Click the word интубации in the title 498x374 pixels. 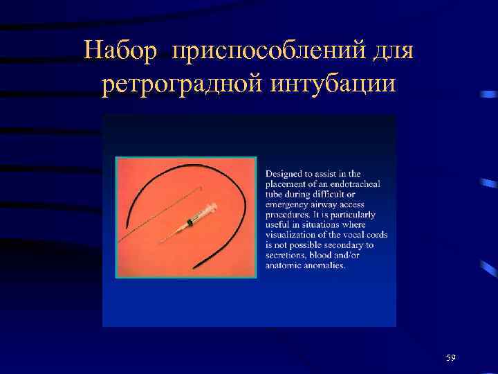point(331,86)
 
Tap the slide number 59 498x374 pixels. point(451,357)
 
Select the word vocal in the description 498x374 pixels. point(353,234)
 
